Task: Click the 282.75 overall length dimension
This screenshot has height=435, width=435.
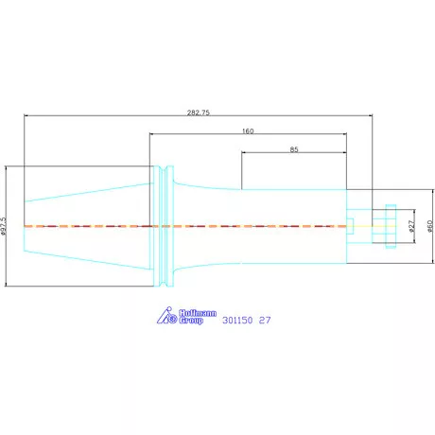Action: [199, 113]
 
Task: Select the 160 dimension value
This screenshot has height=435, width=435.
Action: [248, 130]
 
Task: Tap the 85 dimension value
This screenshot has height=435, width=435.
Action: [294, 149]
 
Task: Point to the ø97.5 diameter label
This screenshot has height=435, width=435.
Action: [4, 226]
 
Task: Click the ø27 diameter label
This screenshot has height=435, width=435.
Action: [411, 226]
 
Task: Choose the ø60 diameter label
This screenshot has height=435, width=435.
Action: [430, 226]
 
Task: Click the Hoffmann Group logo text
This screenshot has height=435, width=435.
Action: [198, 317]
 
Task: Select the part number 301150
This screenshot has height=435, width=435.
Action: [237, 321]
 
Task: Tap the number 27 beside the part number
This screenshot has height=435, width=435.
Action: [265, 321]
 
